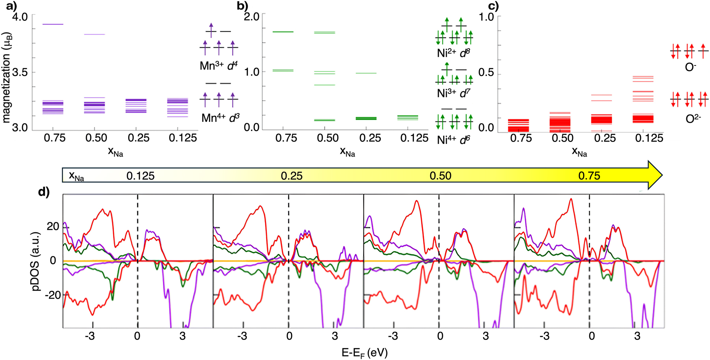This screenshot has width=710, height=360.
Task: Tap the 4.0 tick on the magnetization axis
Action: (20, 17)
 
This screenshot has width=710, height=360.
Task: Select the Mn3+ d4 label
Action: (218, 65)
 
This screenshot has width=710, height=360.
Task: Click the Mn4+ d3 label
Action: (220, 118)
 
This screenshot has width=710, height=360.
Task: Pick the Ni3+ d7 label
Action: (453, 93)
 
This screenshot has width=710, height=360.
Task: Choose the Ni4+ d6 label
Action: (453, 140)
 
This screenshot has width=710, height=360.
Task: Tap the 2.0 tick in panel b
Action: (252, 17)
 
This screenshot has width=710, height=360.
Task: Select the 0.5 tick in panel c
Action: (486, 73)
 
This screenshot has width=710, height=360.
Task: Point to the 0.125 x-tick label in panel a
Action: (183, 138)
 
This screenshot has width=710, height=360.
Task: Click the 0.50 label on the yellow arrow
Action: (440, 175)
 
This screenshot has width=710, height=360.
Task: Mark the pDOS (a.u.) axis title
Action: (36, 261)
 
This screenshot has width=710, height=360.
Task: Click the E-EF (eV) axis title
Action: (364, 352)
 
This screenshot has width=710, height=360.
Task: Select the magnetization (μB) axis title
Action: (6, 78)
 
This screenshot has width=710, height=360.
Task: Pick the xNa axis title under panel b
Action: (347, 152)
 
